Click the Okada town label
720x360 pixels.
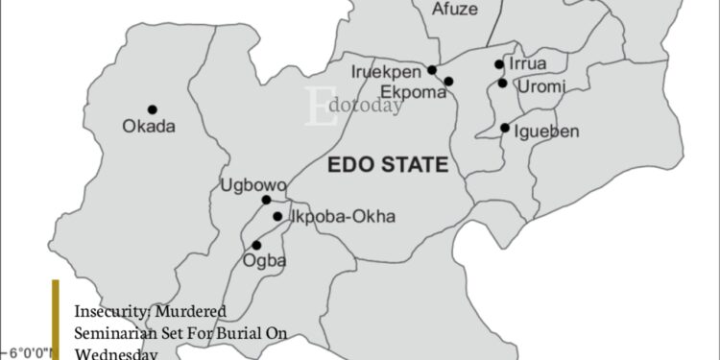(x=149, y=126)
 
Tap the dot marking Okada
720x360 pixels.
(x=152, y=109)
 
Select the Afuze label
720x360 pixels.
(x=454, y=12)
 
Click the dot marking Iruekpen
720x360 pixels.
(x=432, y=69)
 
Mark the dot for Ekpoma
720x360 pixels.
(x=448, y=82)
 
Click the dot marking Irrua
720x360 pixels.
(x=499, y=64)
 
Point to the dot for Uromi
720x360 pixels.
(x=502, y=84)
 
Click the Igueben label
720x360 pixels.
(x=546, y=131)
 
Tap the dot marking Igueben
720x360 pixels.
(x=505, y=128)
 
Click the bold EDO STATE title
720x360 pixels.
(x=388, y=165)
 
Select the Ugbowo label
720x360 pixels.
(x=249, y=184)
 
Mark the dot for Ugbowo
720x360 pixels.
(x=267, y=200)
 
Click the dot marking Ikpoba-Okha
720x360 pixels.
(x=277, y=216)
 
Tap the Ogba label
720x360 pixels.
(x=268, y=260)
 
